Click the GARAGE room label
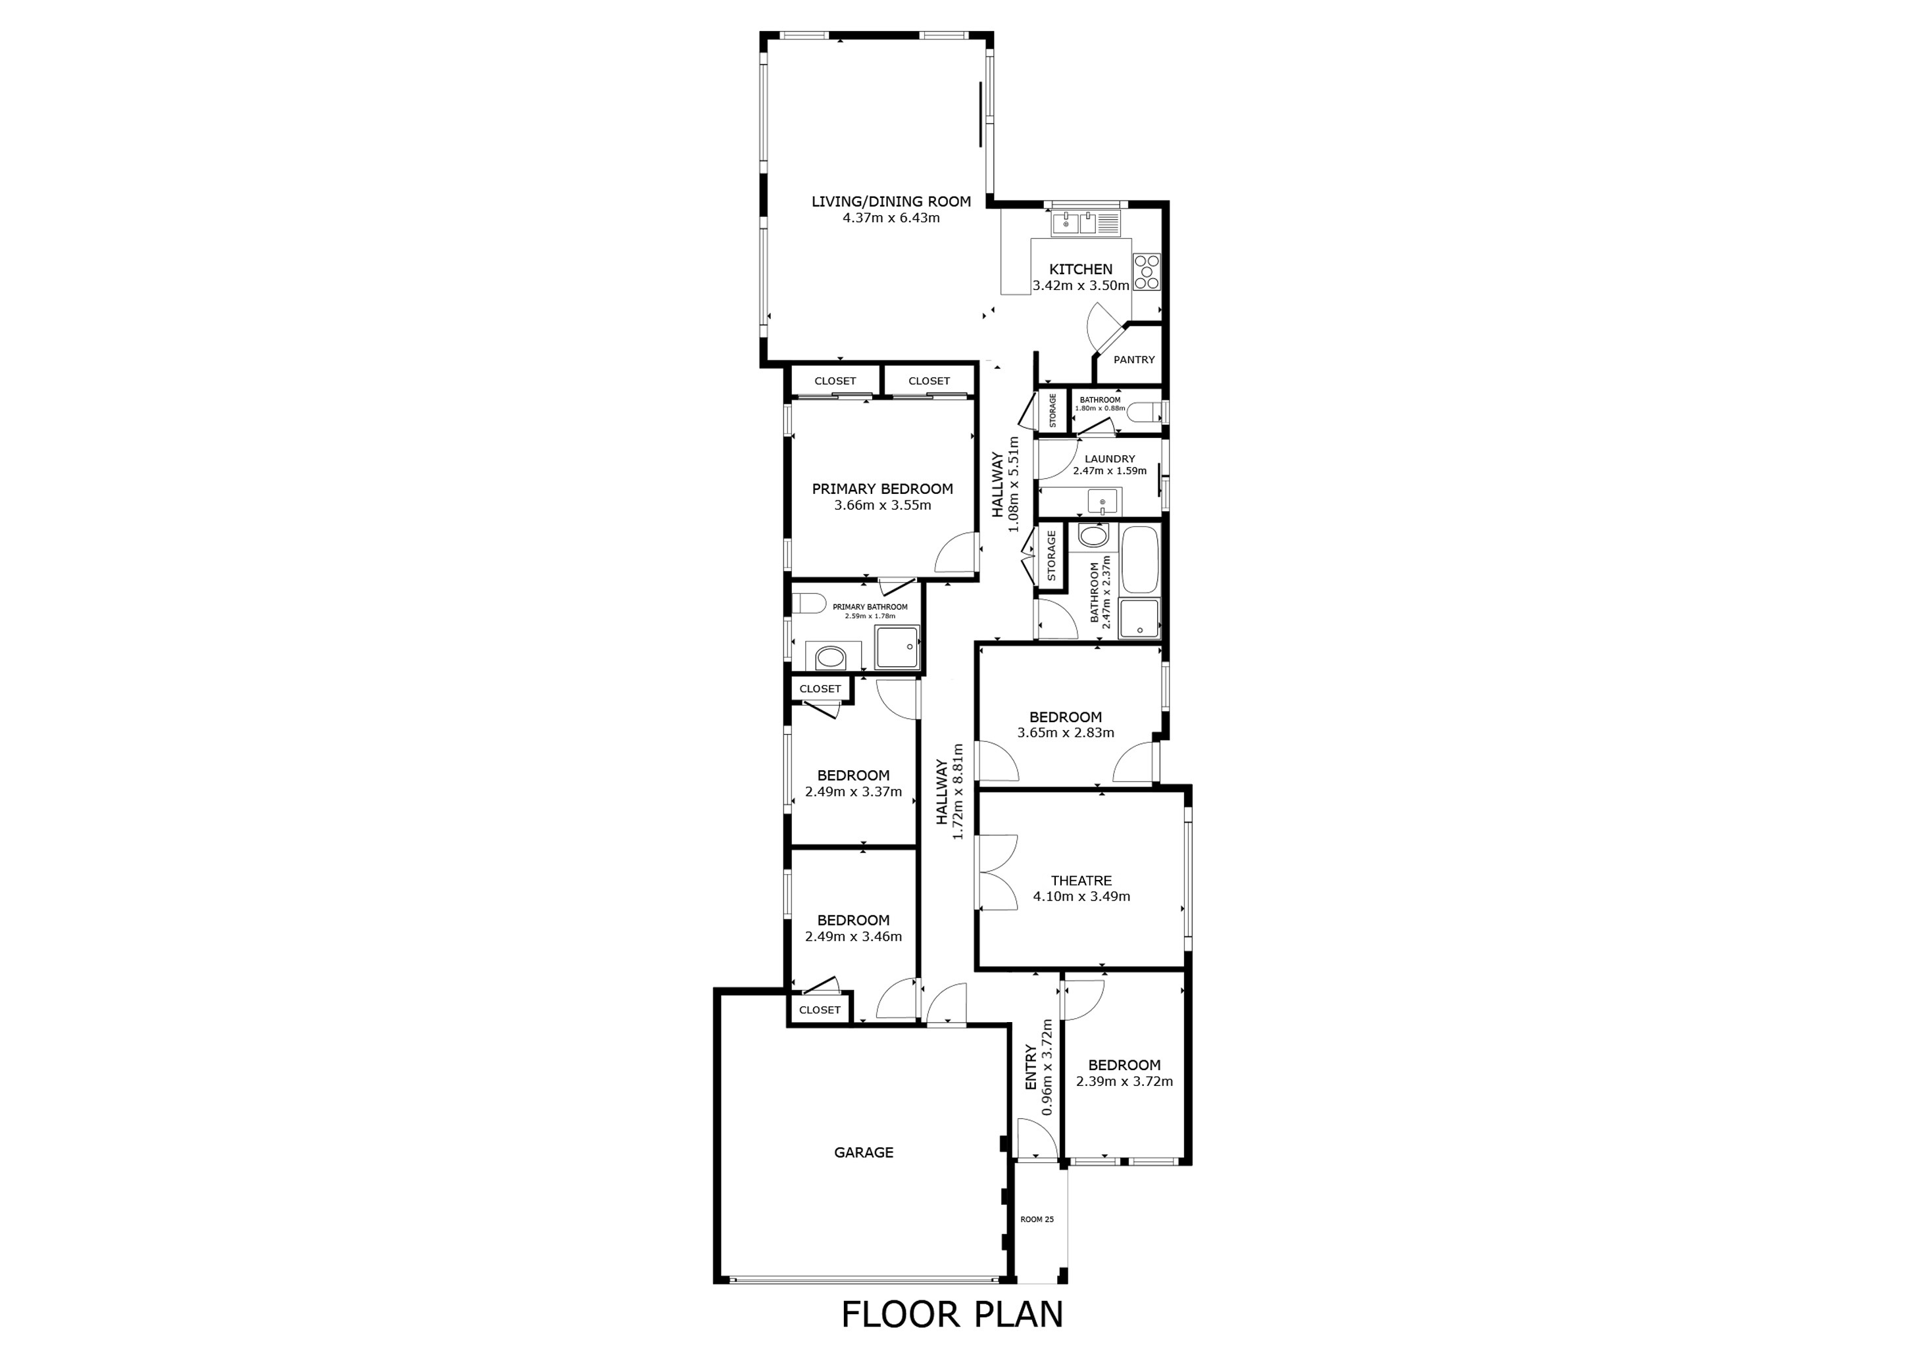(863, 1152)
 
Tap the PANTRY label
(1133, 360)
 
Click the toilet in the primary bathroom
(807, 603)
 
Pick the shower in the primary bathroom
(897, 648)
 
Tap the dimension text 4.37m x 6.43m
(891, 218)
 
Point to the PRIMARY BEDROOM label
(882, 489)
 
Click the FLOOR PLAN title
(952, 1315)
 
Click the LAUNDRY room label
(1109, 458)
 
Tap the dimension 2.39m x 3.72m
(1124, 1081)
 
